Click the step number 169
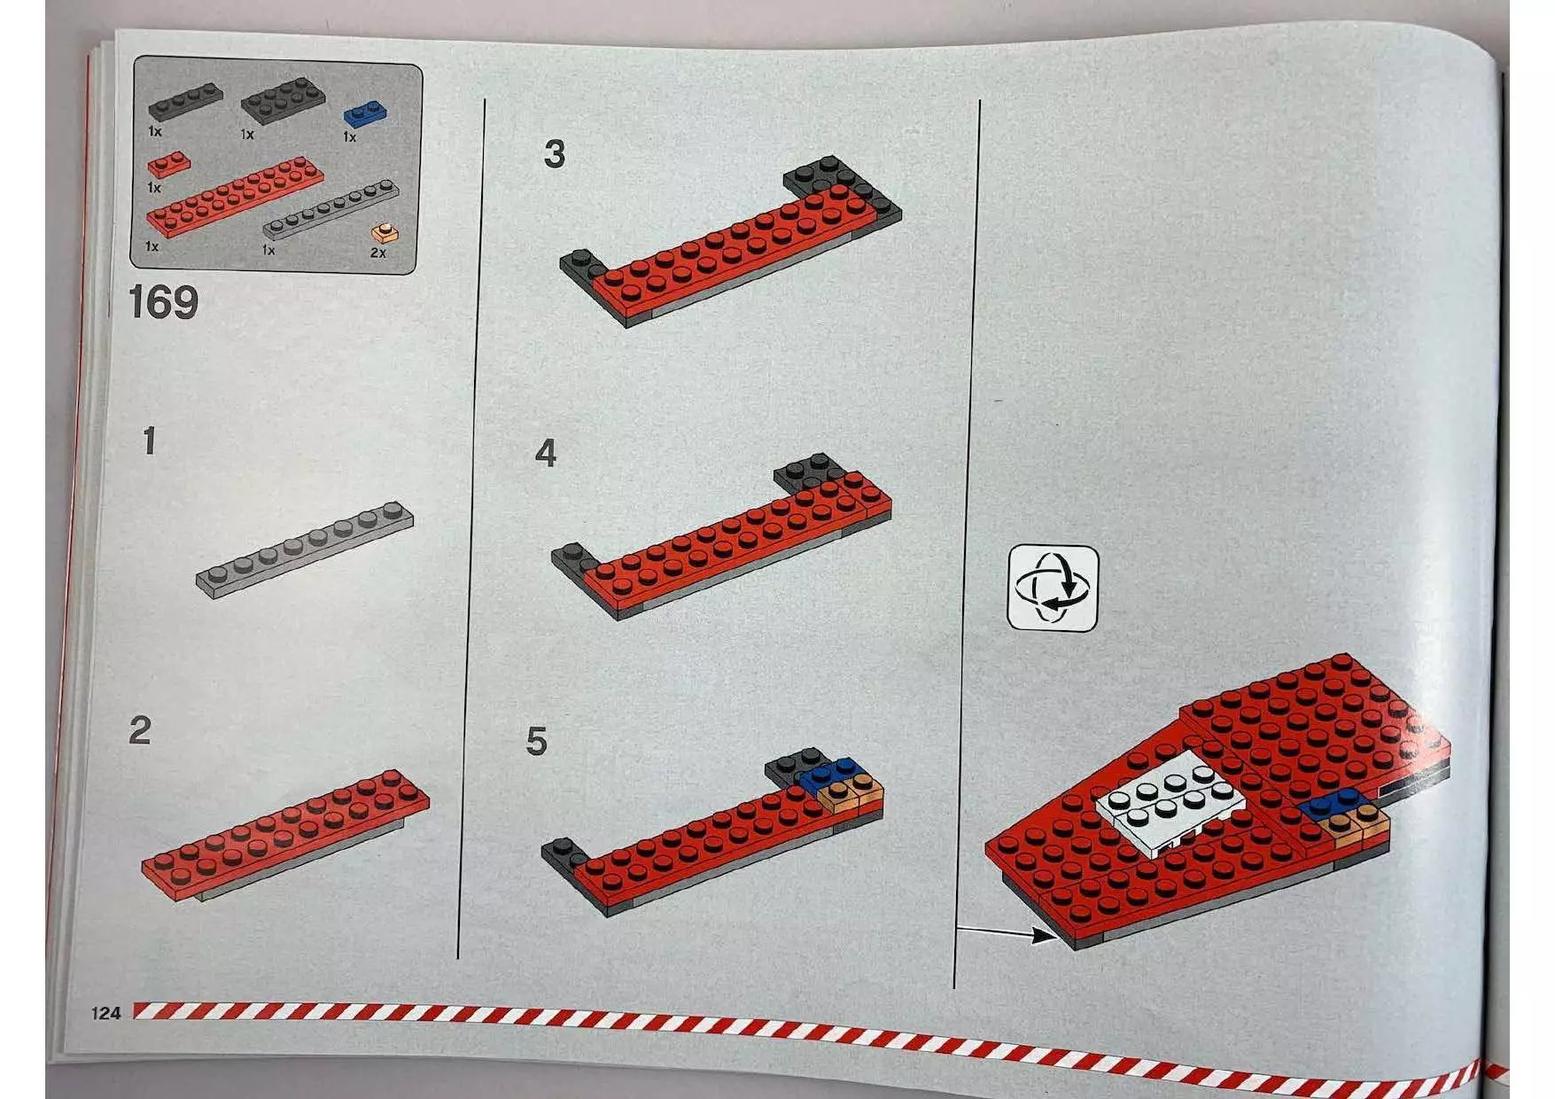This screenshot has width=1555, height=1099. [164, 302]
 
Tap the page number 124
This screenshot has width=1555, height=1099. [105, 1012]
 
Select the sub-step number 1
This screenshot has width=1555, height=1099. [150, 441]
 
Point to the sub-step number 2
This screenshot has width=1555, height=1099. [140, 731]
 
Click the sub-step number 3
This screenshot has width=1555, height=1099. [555, 154]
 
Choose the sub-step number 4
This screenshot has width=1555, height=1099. [546, 453]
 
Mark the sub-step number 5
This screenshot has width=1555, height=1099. [536, 741]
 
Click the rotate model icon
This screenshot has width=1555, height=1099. [1054, 588]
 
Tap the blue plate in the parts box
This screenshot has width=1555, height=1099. [365, 114]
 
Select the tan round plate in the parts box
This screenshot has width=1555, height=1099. [384, 234]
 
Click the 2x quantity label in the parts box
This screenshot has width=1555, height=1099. [378, 253]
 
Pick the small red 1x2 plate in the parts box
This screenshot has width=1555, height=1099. [168, 165]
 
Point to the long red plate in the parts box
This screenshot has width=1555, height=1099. [234, 196]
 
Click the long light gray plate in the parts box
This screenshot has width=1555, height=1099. [330, 210]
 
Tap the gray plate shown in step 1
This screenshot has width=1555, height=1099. [304, 549]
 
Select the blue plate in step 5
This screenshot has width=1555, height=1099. [828, 773]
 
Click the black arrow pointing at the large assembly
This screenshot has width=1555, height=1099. [1007, 932]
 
